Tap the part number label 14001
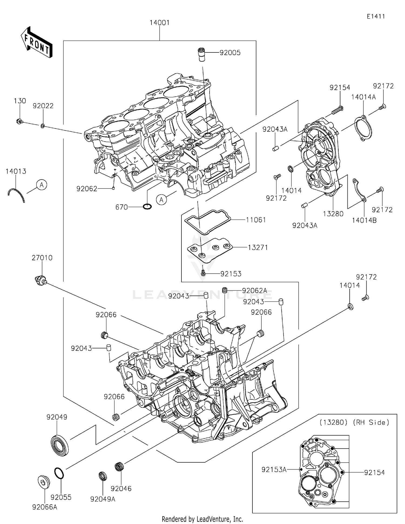click(x=160, y=23)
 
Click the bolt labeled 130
click(x=19, y=121)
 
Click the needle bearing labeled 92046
click(x=119, y=467)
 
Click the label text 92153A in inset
click(x=274, y=470)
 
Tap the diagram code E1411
click(x=376, y=16)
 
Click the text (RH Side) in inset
click(x=371, y=422)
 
